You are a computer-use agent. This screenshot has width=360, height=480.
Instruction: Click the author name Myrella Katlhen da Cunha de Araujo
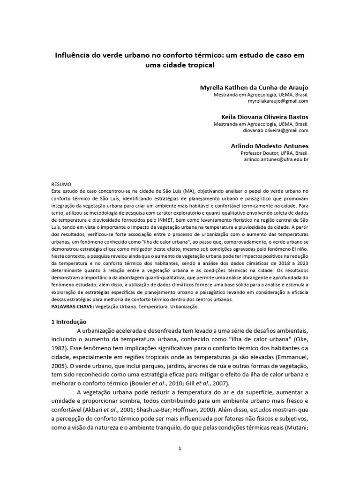click(255, 87)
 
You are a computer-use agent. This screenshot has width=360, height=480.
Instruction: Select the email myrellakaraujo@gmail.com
click(278, 101)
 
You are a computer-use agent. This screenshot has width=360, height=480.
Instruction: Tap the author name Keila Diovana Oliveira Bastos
click(265, 117)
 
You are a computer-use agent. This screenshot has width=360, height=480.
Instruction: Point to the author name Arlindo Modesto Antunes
click(270, 146)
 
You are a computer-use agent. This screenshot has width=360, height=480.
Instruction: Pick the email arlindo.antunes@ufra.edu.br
click(276, 159)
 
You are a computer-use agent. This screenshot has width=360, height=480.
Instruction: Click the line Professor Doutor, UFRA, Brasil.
click(274, 153)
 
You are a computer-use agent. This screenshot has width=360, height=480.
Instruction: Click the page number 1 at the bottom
click(180, 449)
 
